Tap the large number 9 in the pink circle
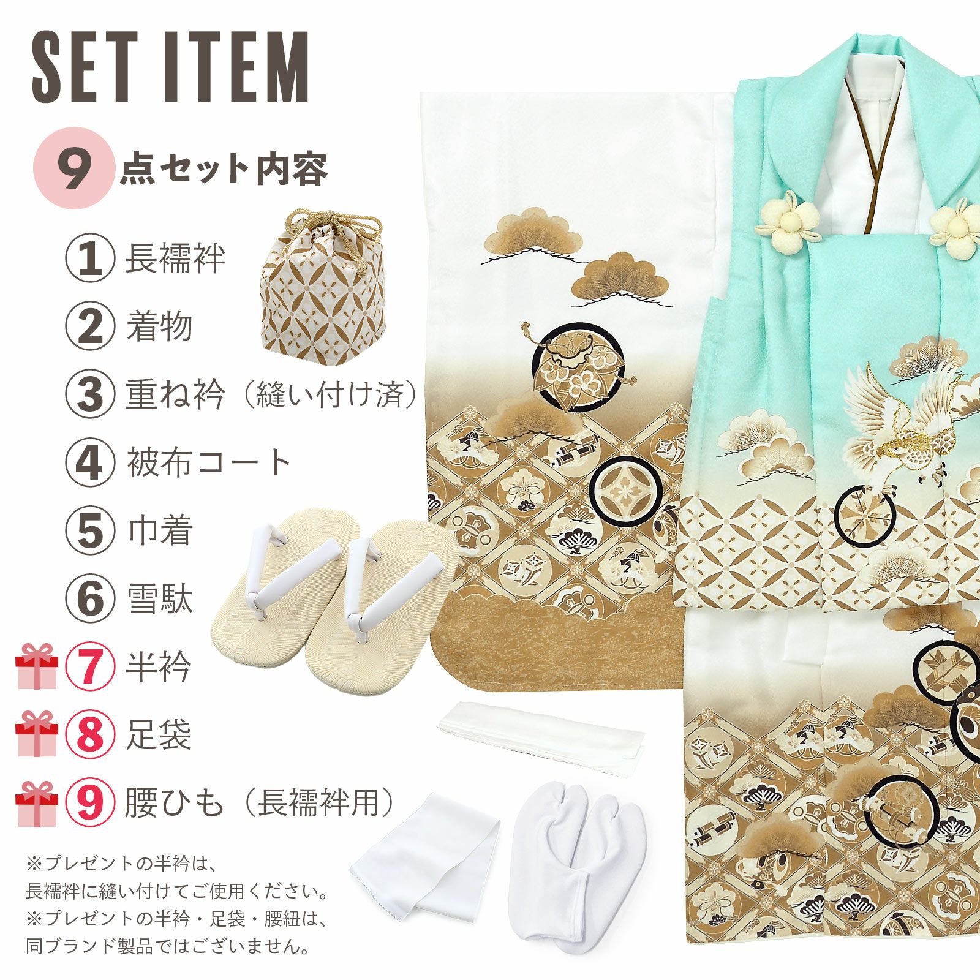click(74, 168)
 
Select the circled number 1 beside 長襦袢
click(90, 259)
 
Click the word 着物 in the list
click(159, 326)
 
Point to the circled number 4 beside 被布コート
click(90, 463)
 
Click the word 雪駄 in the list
click(159, 598)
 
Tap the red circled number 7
click(90, 666)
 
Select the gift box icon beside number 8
click(37, 734)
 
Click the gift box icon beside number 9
click(37, 804)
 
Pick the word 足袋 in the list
click(159, 734)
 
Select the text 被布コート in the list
click(208, 463)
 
